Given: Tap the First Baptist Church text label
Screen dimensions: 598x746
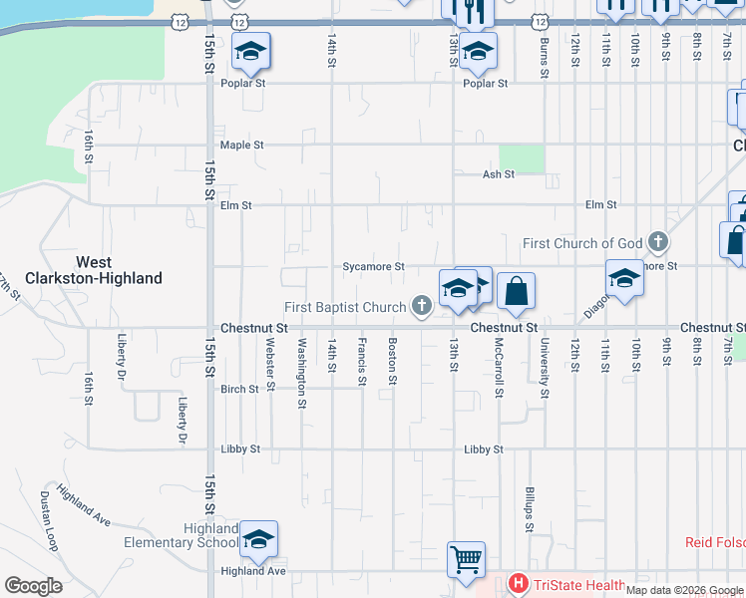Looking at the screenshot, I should tap(345, 307).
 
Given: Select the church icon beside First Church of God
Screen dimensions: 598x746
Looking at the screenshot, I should tap(657, 242).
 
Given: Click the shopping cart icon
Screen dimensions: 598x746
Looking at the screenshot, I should tap(466, 558).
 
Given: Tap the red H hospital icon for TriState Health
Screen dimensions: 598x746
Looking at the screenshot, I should tap(518, 585).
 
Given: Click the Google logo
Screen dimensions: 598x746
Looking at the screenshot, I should tap(33, 586).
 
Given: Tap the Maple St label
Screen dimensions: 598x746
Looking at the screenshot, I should tap(242, 145).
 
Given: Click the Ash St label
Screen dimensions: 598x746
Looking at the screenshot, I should tap(498, 174).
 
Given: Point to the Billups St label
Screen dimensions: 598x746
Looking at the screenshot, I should tap(530, 510).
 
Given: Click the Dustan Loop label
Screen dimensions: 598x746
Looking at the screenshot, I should tap(47, 520).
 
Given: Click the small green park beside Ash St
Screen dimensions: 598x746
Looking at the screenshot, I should tap(522, 157).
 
